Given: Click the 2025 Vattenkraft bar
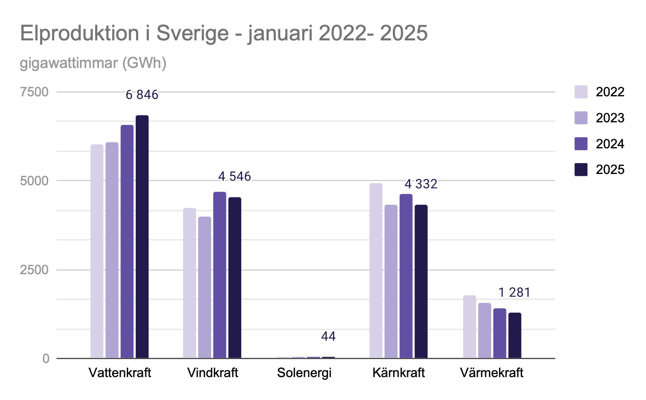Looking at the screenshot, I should point(142,237).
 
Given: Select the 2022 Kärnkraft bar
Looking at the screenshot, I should point(376,271).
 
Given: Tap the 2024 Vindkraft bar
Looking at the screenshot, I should point(219,275).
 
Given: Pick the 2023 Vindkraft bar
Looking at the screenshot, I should point(204,287).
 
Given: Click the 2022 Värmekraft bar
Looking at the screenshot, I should point(469,327).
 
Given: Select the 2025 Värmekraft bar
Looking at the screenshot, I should point(515,335).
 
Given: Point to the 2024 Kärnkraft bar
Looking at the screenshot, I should point(406,276).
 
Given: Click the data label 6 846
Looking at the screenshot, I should point(142,95).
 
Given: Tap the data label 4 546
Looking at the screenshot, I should point(235,176).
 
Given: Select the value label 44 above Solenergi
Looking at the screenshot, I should point(328,336).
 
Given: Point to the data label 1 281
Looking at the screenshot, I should point(514,292).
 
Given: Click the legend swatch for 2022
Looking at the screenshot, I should point(581,92).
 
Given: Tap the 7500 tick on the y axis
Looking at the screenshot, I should point(34,92).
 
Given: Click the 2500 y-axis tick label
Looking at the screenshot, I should point(34,270).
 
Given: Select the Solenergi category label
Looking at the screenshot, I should point(304,373).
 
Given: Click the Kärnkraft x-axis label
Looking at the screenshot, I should point(398,373).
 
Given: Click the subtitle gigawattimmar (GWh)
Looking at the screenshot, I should point(93,63).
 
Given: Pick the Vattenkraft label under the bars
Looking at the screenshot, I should point(120,373).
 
